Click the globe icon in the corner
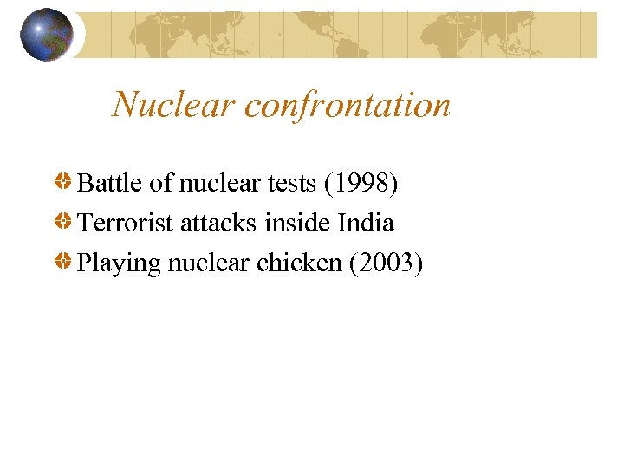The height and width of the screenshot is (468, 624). pos(48,35)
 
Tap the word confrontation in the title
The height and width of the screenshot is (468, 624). pos(348,106)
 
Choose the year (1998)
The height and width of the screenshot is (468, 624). pos(360,184)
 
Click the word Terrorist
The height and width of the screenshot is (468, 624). pos(126,223)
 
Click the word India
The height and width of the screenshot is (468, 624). pos(366,223)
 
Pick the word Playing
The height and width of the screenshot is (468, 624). pos(119,263)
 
